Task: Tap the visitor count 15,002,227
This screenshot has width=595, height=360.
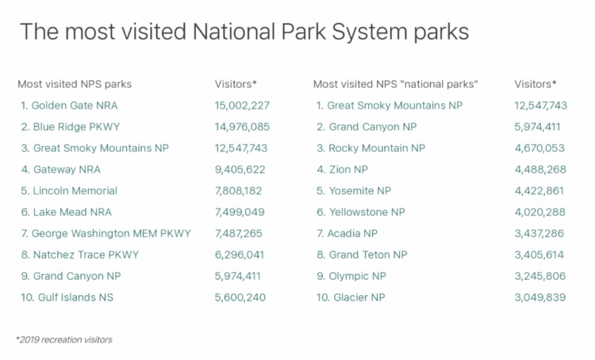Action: point(242,105)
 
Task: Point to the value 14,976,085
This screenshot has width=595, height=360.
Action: point(242,127)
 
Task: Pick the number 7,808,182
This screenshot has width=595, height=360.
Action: point(238,191)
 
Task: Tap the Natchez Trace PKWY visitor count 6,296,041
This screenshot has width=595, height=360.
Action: point(240,255)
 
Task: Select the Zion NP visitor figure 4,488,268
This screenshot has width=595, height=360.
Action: point(540,170)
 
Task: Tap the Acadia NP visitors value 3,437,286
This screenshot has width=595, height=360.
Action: point(539,233)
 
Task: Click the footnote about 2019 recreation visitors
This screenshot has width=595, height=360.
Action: point(64,340)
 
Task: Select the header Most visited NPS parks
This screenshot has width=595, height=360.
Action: point(75,84)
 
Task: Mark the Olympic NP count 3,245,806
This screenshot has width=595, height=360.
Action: point(540,276)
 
